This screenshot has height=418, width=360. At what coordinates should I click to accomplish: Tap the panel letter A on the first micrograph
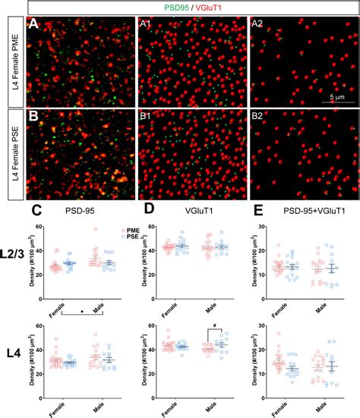click(x=33, y=24)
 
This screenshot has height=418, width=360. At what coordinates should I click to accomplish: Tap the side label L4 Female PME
click(x=13, y=62)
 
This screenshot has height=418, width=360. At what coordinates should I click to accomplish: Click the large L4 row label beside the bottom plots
click(x=13, y=354)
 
